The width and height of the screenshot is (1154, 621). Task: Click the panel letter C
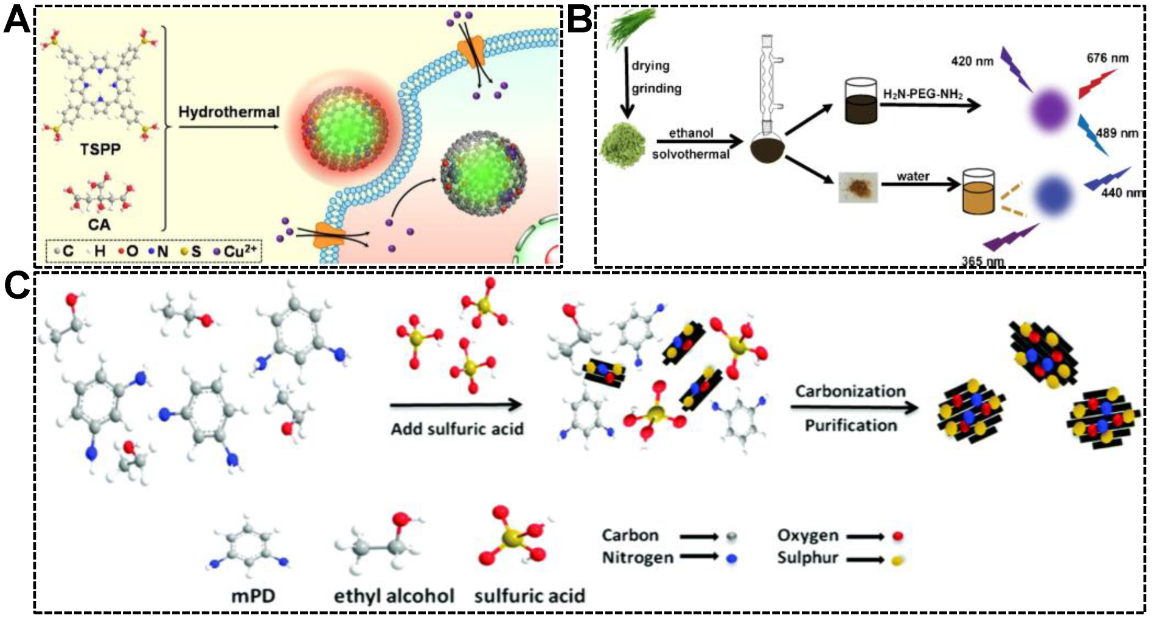click(16, 285)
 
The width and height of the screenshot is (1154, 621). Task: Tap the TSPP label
click(100, 149)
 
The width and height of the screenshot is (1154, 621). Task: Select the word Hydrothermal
click(229, 113)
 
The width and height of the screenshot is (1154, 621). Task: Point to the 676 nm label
click(1107, 58)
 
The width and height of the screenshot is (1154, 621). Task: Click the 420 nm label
click(972, 61)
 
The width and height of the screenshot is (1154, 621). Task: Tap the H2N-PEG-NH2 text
click(923, 94)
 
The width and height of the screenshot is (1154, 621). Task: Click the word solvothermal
click(690, 154)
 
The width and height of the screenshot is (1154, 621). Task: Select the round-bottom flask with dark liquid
click(767, 148)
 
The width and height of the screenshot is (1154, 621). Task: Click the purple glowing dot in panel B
click(1050, 110)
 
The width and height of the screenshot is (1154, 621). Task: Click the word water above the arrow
click(912, 176)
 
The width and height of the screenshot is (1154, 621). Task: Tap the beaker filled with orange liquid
click(978, 193)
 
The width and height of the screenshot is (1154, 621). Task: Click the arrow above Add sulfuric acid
click(456, 404)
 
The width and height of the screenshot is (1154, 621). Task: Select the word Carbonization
click(850, 391)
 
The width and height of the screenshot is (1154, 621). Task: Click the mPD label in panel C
click(253, 595)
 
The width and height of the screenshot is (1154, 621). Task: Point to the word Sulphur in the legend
click(807, 558)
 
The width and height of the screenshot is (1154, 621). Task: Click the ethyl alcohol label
click(394, 595)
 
